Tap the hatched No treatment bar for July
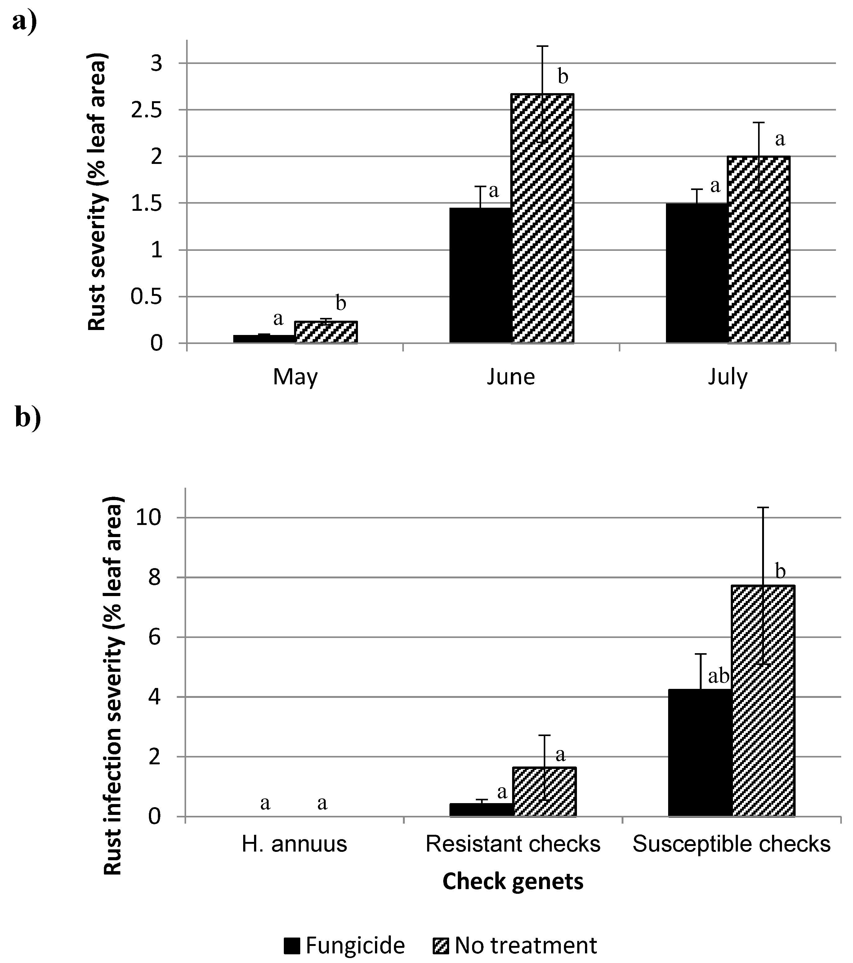click(x=758, y=250)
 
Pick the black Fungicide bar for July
click(x=697, y=273)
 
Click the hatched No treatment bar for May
click(x=326, y=332)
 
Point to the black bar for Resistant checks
click(x=481, y=809)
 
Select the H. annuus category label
click(x=294, y=844)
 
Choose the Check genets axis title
click(x=513, y=881)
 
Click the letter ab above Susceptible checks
click(x=718, y=676)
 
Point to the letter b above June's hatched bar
click(x=563, y=77)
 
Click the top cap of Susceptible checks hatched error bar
click(x=763, y=507)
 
